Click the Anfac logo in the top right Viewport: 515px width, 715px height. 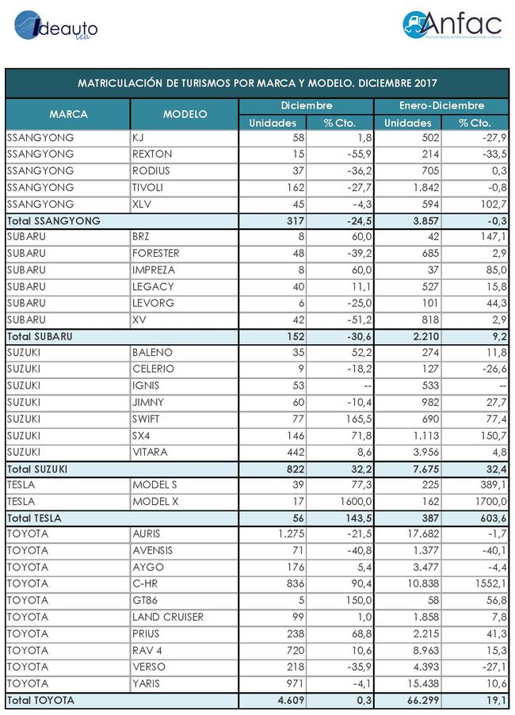(x=450, y=25)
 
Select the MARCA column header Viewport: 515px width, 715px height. (x=68, y=114)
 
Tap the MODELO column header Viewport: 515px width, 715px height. (x=185, y=114)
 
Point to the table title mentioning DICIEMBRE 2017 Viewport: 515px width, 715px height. (x=257, y=83)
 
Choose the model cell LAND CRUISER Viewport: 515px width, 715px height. (x=168, y=617)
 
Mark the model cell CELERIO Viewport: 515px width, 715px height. (x=153, y=369)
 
